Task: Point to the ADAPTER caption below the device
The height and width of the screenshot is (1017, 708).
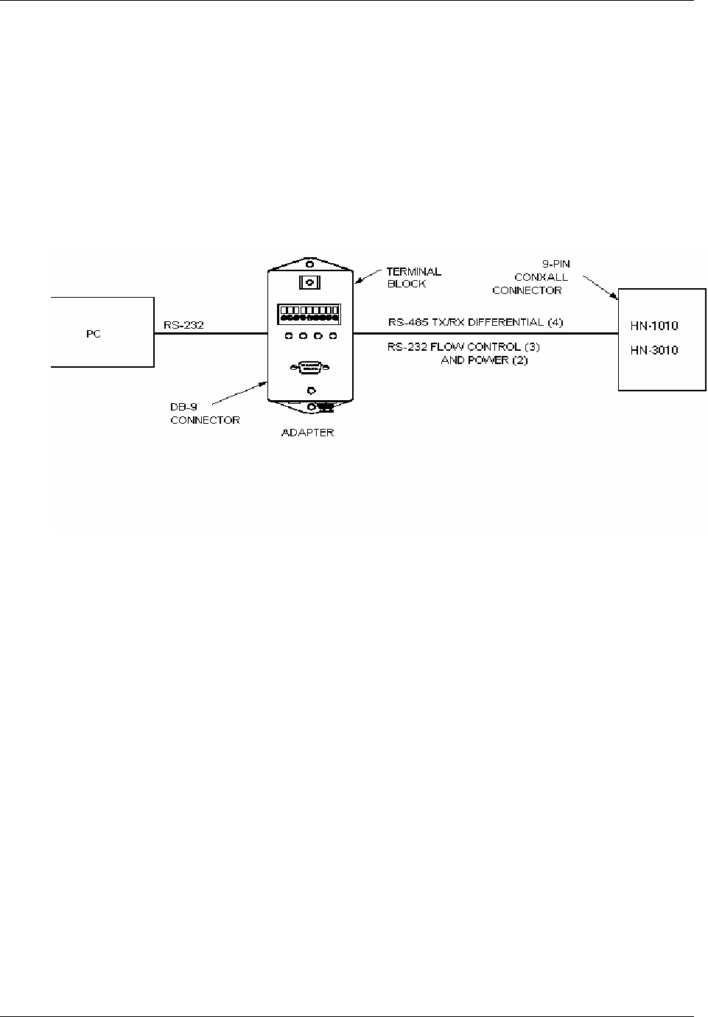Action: point(307,433)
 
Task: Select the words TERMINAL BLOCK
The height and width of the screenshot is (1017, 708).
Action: point(413,278)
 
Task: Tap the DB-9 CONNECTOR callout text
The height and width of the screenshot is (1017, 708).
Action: point(205,413)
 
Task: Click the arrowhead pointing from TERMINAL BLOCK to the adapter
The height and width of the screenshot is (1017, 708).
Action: point(357,282)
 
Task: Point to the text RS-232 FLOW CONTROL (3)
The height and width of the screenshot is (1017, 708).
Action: point(465,346)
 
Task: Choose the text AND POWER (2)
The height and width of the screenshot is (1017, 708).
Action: point(484,360)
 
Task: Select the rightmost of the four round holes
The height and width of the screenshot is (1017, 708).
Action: point(333,337)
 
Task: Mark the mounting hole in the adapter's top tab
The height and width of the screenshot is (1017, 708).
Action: point(310,264)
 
